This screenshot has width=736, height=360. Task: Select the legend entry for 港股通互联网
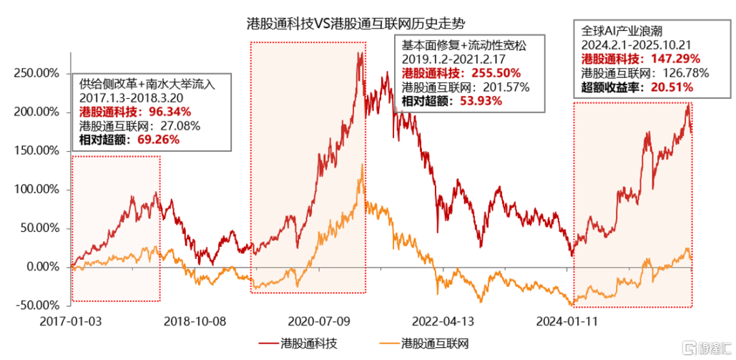point(436,342)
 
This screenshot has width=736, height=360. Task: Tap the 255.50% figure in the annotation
point(492,73)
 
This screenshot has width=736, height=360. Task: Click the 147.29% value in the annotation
point(671,59)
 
